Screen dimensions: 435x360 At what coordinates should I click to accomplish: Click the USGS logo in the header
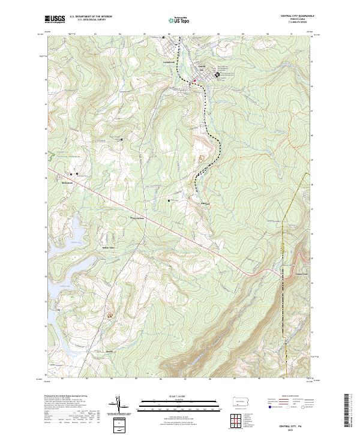click(x=55, y=19)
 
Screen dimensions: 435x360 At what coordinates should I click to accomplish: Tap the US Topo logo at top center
click(x=179, y=20)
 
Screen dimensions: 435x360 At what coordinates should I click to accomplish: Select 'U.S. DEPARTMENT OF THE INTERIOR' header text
click(x=91, y=17)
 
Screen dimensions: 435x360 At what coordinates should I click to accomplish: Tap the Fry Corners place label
click(x=139, y=218)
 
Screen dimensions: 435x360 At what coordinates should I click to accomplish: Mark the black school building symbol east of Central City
click(x=209, y=75)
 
